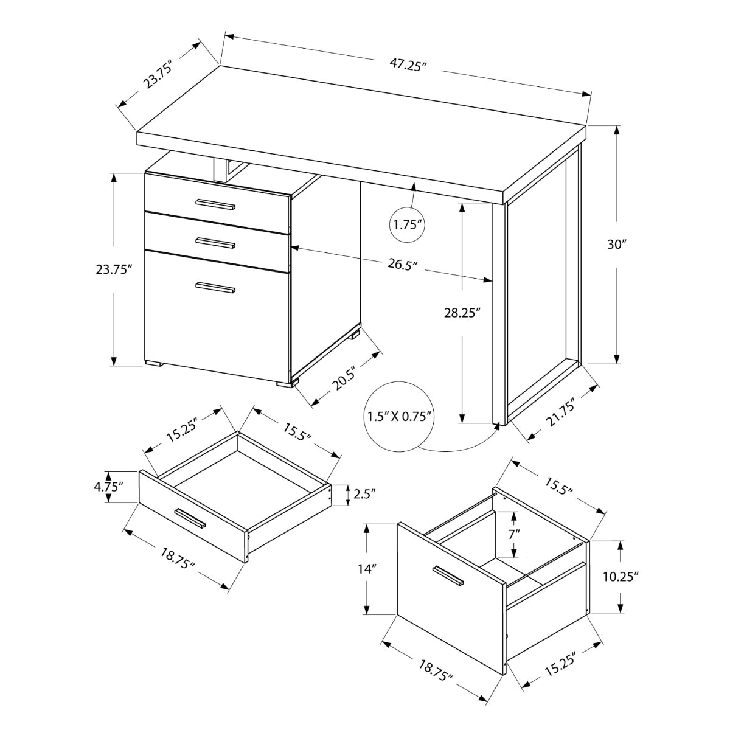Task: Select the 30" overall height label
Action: point(616,245)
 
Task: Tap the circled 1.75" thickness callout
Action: point(407,224)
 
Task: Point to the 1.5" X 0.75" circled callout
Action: point(399,417)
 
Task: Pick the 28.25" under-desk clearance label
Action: point(462,313)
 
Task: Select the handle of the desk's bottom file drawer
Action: point(215,288)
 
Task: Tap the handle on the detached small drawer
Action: point(190,518)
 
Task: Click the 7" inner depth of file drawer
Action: point(515,534)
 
